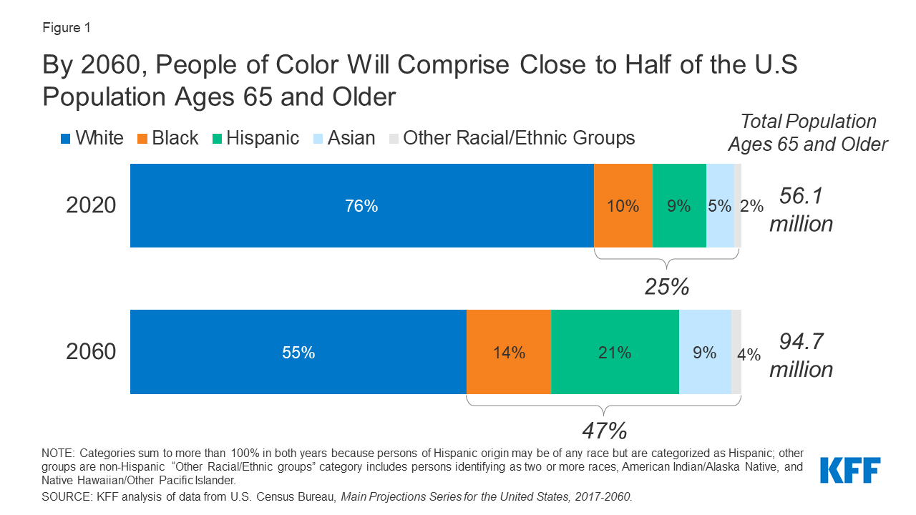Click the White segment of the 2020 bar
361,206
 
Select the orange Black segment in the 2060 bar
508,352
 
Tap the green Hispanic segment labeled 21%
614,352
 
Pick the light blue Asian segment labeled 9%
705,352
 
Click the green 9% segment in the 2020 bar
678,206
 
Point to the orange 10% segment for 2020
623,206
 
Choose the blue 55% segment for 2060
298,352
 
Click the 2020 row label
91,206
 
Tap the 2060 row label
91,352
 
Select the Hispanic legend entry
255,138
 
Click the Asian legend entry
343,138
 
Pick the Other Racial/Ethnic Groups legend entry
511,138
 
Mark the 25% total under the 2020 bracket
667,287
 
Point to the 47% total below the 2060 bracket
605,431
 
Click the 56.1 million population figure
801,209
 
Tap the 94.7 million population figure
801,355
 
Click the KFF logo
849,471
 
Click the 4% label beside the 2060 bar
749,353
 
